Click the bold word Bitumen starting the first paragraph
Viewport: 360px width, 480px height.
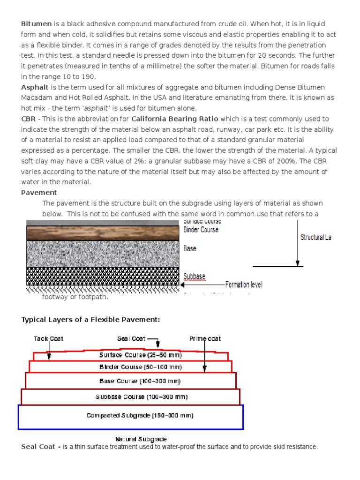(x=37, y=24)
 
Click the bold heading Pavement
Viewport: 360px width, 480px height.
(x=39, y=192)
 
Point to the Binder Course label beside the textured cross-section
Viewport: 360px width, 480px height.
(x=201, y=230)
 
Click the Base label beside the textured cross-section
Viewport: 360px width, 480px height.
(x=190, y=248)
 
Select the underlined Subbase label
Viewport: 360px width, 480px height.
(x=194, y=276)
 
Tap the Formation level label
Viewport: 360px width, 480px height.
(x=244, y=285)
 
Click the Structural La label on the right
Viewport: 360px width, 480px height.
(x=315, y=237)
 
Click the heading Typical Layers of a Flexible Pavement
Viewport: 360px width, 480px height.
(x=90, y=320)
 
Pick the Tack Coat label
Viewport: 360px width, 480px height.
(x=48, y=338)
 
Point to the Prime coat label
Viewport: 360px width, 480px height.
(x=205, y=338)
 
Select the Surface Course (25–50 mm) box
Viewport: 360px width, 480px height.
(x=134, y=355)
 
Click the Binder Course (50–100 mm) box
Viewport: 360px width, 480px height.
(x=134, y=367)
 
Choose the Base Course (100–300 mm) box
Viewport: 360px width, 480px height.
(x=134, y=381)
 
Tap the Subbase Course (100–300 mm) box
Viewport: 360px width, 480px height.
(x=134, y=397)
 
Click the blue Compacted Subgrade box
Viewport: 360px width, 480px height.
(x=133, y=416)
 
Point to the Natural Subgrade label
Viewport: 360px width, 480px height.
(x=141, y=439)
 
